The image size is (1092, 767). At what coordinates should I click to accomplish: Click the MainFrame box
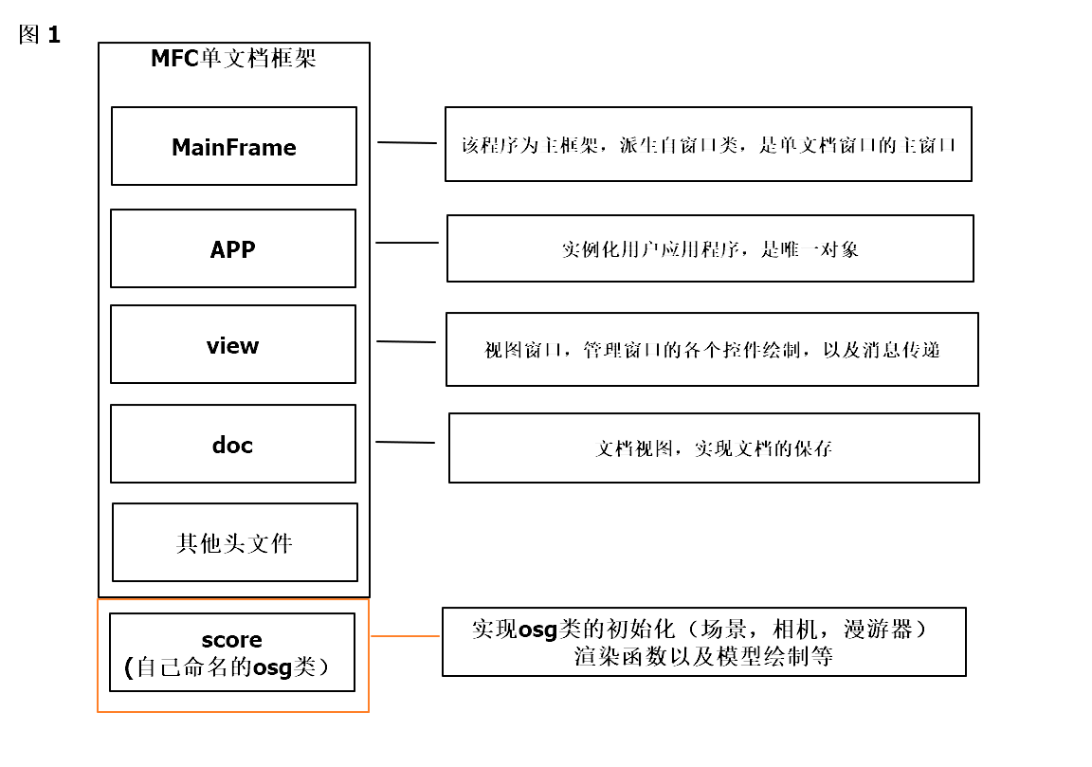pos(234,146)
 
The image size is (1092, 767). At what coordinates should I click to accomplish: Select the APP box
pos(233,248)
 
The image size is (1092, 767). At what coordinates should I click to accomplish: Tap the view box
pos(233,344)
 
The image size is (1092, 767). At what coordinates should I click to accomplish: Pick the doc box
pos(233,444)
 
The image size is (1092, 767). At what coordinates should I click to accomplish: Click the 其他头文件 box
pos(235,542)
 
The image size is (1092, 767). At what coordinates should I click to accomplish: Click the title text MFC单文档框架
pos(234,59)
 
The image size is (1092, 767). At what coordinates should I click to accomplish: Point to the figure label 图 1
pos(40,36)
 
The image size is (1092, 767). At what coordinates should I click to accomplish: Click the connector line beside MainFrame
pos(408,143)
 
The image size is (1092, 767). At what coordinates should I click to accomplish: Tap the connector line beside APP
pos(408,243)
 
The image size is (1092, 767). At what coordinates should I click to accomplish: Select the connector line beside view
pos(407,341)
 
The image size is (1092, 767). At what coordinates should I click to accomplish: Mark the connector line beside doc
pos(406,442)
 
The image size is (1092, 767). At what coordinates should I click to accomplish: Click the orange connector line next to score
pos(406,636)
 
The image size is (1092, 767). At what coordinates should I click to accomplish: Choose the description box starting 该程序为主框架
pos(708,144)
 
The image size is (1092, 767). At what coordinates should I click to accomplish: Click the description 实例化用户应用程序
pos(710,249)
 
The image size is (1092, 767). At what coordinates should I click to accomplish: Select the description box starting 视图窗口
pos(712,349)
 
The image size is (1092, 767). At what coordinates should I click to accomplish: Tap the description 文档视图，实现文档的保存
pos(714,448)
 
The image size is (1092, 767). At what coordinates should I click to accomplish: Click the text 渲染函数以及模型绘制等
pos(703,656)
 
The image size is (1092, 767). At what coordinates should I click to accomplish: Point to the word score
pos(232,640)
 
